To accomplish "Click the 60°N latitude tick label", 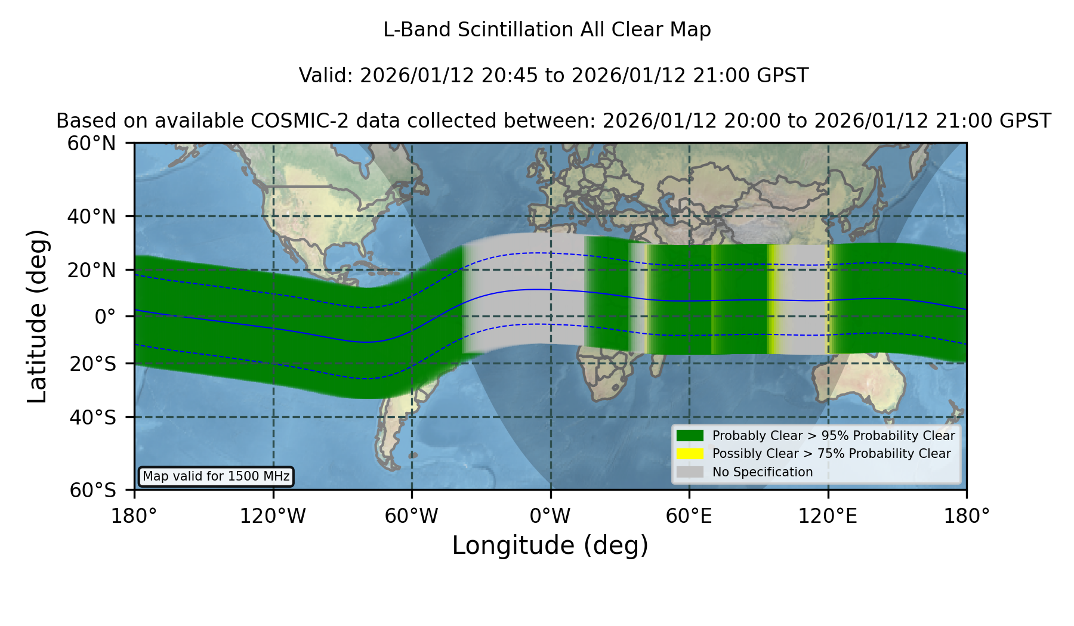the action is pos(92,144).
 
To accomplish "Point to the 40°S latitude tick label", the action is pos(93,417).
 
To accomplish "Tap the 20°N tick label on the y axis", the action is pos(92,270).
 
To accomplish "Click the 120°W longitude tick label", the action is pos(273,516).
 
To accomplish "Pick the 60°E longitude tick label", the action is pos(689,516).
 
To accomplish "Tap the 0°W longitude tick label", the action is pos(550,516).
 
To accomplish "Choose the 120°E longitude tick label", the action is pos(828,516).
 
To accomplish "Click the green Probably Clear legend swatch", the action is pos(690,436).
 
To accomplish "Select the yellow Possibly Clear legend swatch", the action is pos(690,454).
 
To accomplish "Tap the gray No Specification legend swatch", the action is pos(690,472).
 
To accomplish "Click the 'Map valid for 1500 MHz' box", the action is pos(216,476).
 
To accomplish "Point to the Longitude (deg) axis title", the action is pos(550,546).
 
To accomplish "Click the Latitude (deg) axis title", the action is pos(37,317).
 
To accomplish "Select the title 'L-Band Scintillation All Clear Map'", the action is pos(547,30).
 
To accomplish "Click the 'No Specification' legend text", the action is pos(763,472).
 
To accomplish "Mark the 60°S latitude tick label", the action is pos(93,491).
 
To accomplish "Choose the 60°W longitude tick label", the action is pos(411,516).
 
